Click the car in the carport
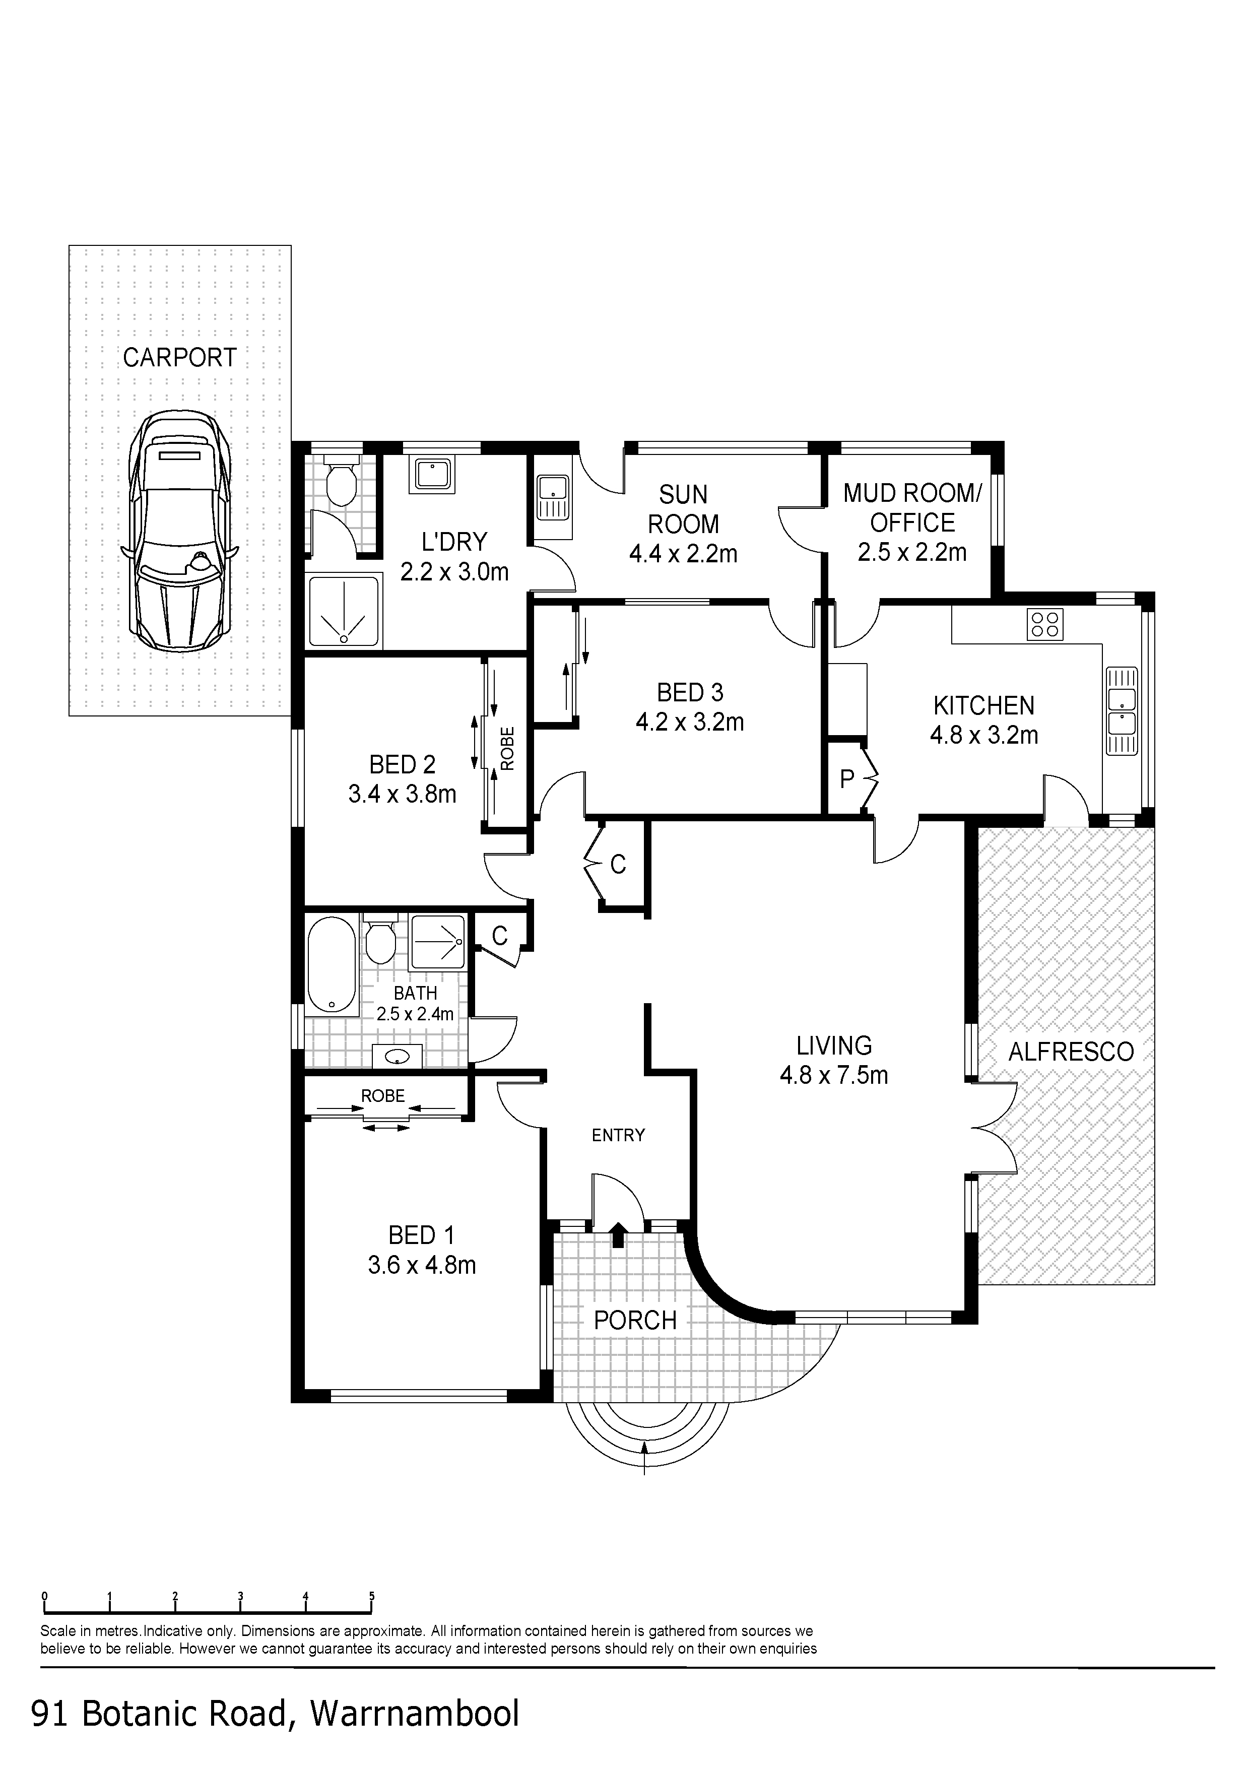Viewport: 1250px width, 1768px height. coord(179,532)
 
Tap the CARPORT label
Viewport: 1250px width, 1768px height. coord(179,358)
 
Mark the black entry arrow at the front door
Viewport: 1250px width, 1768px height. coord(618,1234)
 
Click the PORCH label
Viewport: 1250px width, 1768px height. coord(635,1320)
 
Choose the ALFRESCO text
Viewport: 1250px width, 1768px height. coord(1071,1052)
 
